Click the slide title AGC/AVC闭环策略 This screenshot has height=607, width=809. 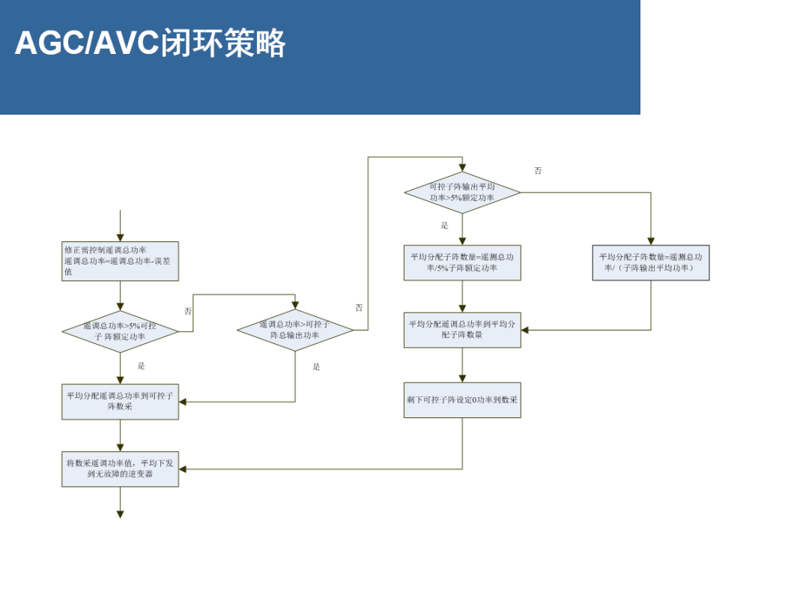(x=151, y=43)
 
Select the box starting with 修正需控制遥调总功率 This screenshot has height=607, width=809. (x=120, y=261)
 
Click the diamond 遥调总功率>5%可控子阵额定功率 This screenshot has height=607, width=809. (x=120, y=331)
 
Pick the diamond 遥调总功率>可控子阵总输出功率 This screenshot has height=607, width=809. (x=295, y=330)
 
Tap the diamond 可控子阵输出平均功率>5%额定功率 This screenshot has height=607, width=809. (x=462, y=193)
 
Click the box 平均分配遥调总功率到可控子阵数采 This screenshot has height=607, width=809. (x=120, y=401)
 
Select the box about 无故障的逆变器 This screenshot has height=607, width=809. (x=120, y=468)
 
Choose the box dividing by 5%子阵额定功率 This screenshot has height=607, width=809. (x=462, y=262)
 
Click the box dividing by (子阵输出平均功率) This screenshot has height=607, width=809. (x=650, y=262)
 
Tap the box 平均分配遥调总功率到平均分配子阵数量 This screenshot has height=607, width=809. (x=462, y=330)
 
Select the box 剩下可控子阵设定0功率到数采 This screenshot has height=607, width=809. (x=462, y=400)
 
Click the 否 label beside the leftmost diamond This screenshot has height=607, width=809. (x=188, y=311)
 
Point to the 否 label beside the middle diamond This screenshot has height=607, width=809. (x=359, y=308)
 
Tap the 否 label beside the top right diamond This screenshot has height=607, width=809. (x=538, y=171)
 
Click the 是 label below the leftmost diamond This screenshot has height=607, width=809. (x=141, y=366)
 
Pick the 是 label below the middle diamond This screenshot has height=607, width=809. (x=316, y=366)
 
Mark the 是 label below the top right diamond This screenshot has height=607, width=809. (x=444, y=226)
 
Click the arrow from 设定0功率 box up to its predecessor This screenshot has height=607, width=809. (x=462, y=366)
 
